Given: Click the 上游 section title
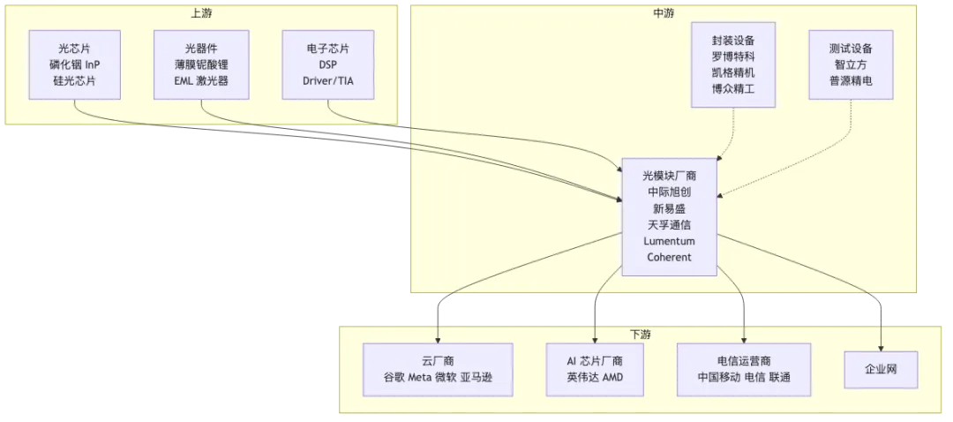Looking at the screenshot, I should point(201,13).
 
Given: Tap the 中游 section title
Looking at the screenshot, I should point(664,13).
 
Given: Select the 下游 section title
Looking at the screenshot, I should point(641,335).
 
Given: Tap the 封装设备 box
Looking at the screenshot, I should point(732,64).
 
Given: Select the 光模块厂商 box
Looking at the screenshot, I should point(670,216).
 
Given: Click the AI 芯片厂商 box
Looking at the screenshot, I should point(595,369).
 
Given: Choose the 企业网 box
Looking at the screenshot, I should point(881,369).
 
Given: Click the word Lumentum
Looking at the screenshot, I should point(670,241).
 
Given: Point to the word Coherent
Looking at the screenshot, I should point(670,257).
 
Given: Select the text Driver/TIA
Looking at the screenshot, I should point(328,80).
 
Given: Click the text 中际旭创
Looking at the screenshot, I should point(670,192).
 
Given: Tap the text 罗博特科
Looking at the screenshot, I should point(732,57).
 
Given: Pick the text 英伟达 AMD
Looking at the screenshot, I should point(595,378).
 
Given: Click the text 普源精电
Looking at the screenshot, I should point(852,80).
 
